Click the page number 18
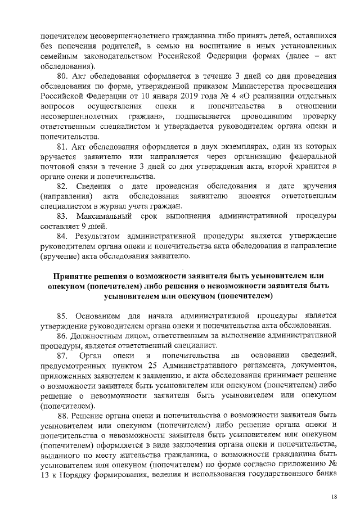(334, 497)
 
